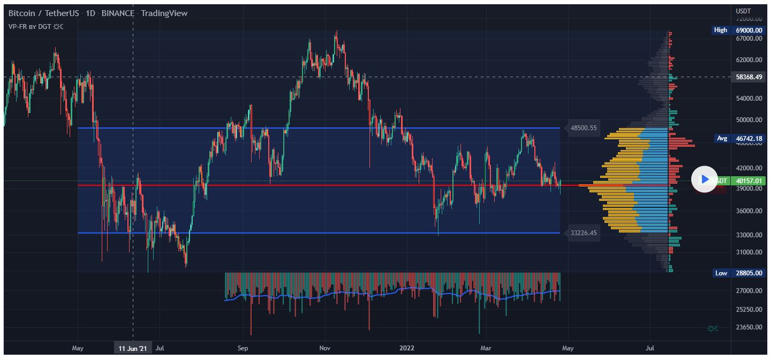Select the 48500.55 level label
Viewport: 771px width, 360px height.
click(584, 128)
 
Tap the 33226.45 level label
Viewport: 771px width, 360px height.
click(584, 233)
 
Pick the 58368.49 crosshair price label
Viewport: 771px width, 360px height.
click(749, 77)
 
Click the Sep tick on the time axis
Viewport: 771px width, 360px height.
click(243, 348)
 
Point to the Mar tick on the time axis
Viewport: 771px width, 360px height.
click(486, 348)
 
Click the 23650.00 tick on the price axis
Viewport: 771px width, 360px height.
click(749, 327)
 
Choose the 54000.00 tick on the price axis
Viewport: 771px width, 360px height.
click(749, 99)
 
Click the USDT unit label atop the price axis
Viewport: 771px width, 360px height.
click(744, 11)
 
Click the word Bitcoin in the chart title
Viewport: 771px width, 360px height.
click(22, 13)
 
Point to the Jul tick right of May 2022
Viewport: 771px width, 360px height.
click(651, 348)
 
